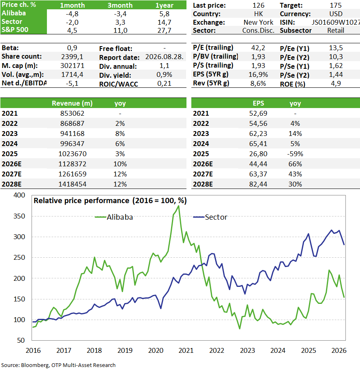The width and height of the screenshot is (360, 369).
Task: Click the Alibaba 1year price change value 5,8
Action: [x=164, y=14]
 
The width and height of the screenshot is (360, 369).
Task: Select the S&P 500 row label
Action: [x=15, y=30]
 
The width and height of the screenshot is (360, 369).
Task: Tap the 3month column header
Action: [x=120, y=5]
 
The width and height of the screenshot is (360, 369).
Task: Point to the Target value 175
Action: [x=336, y=5]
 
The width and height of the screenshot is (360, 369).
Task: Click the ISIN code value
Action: [x=336, y=22]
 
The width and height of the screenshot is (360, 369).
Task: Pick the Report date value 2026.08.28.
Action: [x=164, y=57]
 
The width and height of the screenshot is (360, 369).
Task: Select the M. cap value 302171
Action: [x=72, y=66]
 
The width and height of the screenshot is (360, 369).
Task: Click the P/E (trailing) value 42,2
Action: [x=258, y=48]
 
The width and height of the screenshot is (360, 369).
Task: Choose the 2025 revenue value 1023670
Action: [x=72, y=154]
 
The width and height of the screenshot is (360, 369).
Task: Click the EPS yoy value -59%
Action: [x=295, y=154]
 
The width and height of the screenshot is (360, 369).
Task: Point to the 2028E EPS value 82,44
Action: [x=258, y=184]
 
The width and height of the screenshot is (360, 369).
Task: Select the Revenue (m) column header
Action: [x=72, y=103]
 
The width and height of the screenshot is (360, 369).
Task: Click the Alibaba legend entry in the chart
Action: [x=114, y=217]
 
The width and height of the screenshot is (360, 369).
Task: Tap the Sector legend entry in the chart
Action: [x=210, y=217]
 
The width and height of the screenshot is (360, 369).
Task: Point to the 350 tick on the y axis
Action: [x=19, y=216]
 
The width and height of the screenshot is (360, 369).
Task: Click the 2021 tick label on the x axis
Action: [x=186, y=350]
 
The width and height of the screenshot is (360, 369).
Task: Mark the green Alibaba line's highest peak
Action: [x=179, y=206]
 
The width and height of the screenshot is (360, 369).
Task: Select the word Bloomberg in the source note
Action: [x=35, y=365]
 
